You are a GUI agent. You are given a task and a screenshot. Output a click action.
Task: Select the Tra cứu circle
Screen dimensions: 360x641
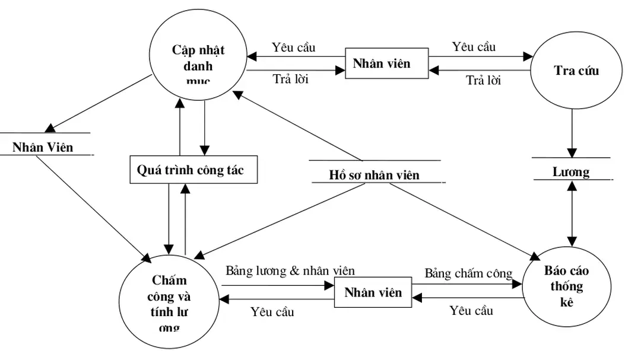576,71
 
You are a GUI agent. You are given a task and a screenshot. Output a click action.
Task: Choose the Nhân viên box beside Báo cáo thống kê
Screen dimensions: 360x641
373,292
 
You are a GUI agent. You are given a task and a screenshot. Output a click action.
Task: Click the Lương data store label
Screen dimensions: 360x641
571,173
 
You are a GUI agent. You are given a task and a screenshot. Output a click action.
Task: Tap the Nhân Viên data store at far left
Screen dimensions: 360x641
43,147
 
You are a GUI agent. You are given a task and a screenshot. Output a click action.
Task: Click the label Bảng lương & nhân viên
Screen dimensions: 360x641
290,271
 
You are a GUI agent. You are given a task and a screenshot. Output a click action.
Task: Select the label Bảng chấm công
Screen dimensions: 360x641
468,273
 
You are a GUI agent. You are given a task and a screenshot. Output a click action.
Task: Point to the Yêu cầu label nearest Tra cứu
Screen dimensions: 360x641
474,46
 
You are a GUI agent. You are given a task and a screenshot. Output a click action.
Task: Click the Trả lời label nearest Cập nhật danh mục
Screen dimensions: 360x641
290,79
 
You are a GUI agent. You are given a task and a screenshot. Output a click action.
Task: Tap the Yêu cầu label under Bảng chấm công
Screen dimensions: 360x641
471,310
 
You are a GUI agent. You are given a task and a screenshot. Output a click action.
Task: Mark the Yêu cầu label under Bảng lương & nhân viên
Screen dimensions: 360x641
272,311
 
